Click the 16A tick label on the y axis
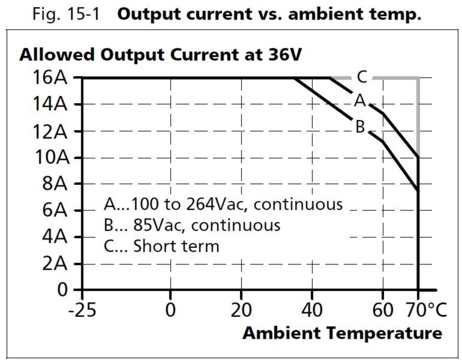tap(50, 77)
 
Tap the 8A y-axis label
tap(55, 184)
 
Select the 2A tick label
tap(55, 264)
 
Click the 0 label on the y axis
tap(63, 290)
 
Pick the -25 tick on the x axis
tap(82, 310)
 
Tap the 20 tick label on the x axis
tap(241, 310)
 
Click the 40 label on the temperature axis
tap(312, 310)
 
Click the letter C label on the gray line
tap(362, 77)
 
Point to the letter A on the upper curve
tap(360, 100)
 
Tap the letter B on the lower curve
tap(360, 127)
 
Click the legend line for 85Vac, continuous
tap(192, 225)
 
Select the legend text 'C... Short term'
tap(161, 246)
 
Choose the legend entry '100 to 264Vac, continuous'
tap(223, 204)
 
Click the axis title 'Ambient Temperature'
tap(342, 333)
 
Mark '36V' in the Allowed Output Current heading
tap(285, 55)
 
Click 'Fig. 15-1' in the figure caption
tap(66, 14)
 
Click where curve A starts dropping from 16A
tap(329, 78)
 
